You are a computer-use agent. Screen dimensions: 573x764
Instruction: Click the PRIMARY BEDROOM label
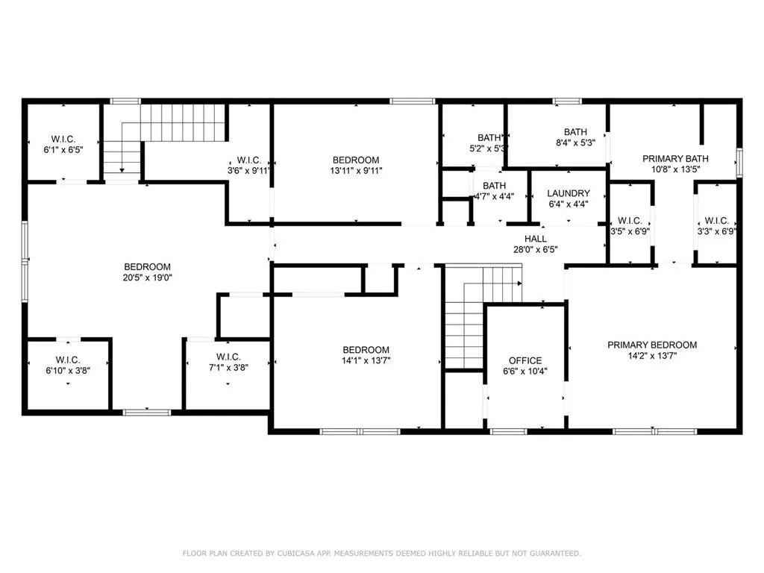(652, 345)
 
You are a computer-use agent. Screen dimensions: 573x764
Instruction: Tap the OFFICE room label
(525, 360)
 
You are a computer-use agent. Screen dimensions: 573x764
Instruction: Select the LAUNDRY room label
(568, 193)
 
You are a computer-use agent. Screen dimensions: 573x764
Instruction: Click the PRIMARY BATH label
(675, 158)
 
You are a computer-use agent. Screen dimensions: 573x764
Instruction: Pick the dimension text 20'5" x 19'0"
(147, 278)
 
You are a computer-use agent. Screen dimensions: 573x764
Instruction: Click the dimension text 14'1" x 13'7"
(366, 362)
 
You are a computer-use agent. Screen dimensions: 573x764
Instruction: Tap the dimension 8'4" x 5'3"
(574, 143)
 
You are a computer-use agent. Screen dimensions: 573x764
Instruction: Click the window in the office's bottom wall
(508, 431)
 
